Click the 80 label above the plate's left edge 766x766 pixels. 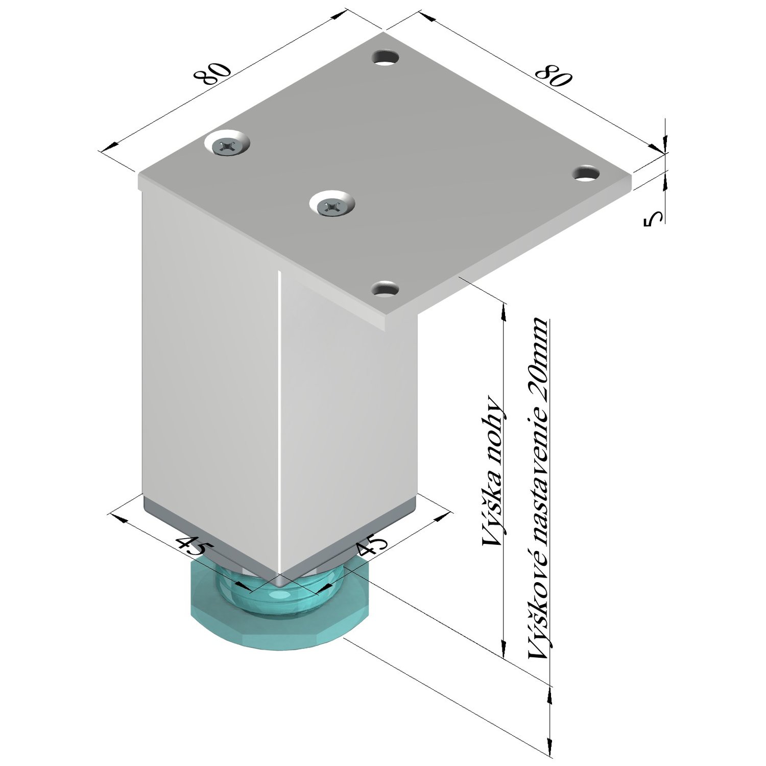tap(213, 74)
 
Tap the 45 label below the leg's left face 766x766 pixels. tap(191, 546)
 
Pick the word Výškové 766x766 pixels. tap(539, 607)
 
